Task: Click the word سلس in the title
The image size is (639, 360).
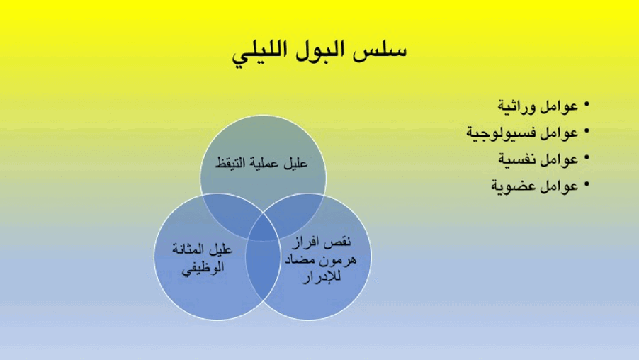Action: point(380,50)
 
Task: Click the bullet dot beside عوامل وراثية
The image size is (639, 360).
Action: point(587,105)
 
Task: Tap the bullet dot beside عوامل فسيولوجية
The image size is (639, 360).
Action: point(587,131)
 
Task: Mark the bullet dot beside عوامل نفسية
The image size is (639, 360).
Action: point(587,157)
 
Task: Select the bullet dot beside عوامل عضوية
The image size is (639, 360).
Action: point(587,184)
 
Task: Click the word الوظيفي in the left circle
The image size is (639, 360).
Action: point(203,269)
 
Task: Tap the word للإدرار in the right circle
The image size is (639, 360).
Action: point(322,276)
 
